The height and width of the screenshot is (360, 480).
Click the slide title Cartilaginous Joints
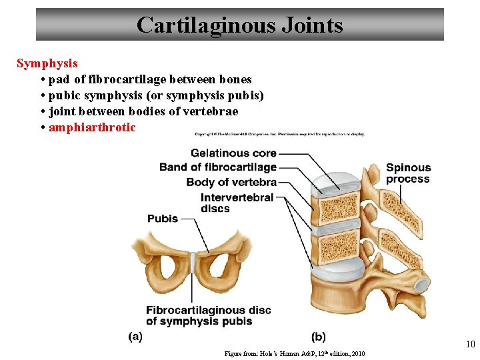[x=239, y=25]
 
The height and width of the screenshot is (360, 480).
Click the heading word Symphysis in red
[x=47, y=64]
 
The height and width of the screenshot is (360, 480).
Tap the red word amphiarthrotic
[x=92, y=127]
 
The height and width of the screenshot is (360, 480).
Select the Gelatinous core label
[x=233, y=153]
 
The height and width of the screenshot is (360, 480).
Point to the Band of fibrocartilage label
[x=217, y=167]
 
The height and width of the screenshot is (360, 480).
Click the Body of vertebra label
[x=231, y=182]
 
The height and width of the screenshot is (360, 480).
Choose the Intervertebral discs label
[x=237, y=203]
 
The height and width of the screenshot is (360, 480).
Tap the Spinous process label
[x=408, y=173]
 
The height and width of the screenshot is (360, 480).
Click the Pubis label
[x=163, y=219]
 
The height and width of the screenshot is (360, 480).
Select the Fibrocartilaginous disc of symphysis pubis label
[x=208, y=315]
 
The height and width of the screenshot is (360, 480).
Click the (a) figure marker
[x=135, y=337]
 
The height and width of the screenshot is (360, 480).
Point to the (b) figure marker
[x=319, y=337]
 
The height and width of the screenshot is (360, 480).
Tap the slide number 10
[x=470, y=345]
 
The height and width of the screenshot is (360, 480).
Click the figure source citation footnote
[x=295, y=353]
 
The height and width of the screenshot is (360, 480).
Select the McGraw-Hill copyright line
[x=280, y=134]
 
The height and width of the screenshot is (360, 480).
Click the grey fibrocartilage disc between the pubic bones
[x=193, y=261]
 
